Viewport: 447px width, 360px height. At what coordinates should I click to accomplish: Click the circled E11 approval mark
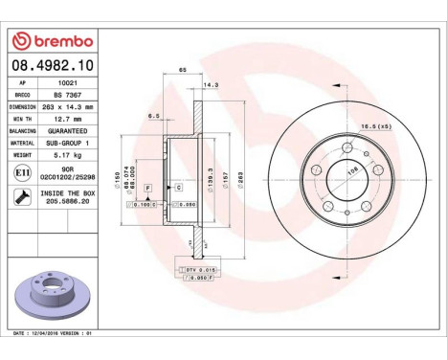[x=21, y=171]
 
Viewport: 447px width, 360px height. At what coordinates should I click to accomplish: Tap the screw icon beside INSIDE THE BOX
[x=21, y=196]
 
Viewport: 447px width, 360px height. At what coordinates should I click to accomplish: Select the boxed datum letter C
[x=177, y=188]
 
